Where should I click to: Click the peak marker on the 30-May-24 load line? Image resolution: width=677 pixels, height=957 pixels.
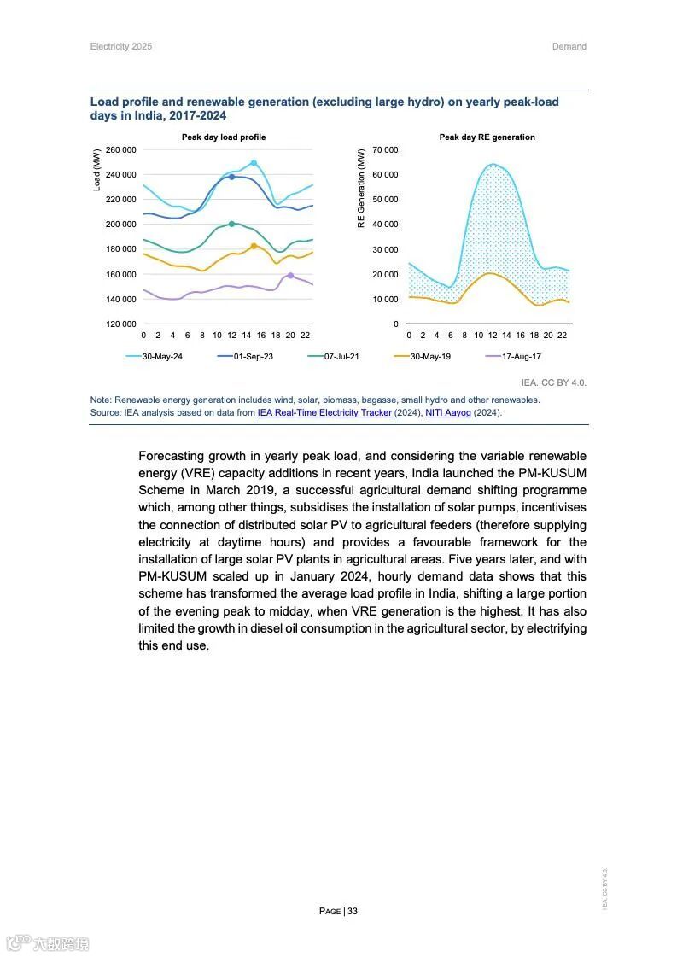pyautogui.click(x=254, y=163)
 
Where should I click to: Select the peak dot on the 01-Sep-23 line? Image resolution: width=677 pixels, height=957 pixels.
pyautogui.click(x=231, y=177)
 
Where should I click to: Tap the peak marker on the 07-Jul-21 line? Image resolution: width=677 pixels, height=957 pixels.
pyautogui.click(x=231, y=224)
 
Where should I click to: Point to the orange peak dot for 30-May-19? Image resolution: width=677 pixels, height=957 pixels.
pyautogui.click(x=254, y=246)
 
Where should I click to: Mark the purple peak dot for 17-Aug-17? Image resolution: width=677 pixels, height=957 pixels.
pyautogui.click(x=290, y=276)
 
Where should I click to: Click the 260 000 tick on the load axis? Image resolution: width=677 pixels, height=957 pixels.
pyautogui.click(x=120, y=150)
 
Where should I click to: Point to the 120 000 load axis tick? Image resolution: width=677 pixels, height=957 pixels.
pyautogui.click(x=120, y=324)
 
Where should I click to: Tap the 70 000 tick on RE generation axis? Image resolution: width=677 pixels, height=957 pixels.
pyautogui.click(x=385, y=150)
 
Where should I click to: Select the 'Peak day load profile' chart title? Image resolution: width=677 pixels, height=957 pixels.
pyautogui.click(x=224, y=137)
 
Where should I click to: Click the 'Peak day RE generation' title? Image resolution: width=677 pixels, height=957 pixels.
pyautogui.click(x=487, y=137)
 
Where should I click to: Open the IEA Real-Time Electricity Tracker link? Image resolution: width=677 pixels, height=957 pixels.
pyautogui.click(x=324, y=412)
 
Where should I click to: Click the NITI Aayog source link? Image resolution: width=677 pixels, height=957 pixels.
pyautogui.click(x=447, y=412)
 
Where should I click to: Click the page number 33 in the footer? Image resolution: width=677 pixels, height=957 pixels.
pyautogui.click(x=352, y=911)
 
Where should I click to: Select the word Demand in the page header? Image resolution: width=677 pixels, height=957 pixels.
pyautogui.click(x=569, y=46)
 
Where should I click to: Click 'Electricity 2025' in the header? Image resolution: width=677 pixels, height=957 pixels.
pyautogui.click(x=121, y=46)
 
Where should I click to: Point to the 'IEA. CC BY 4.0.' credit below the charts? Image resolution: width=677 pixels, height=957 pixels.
pyautogui.click(x=553, y=382)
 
